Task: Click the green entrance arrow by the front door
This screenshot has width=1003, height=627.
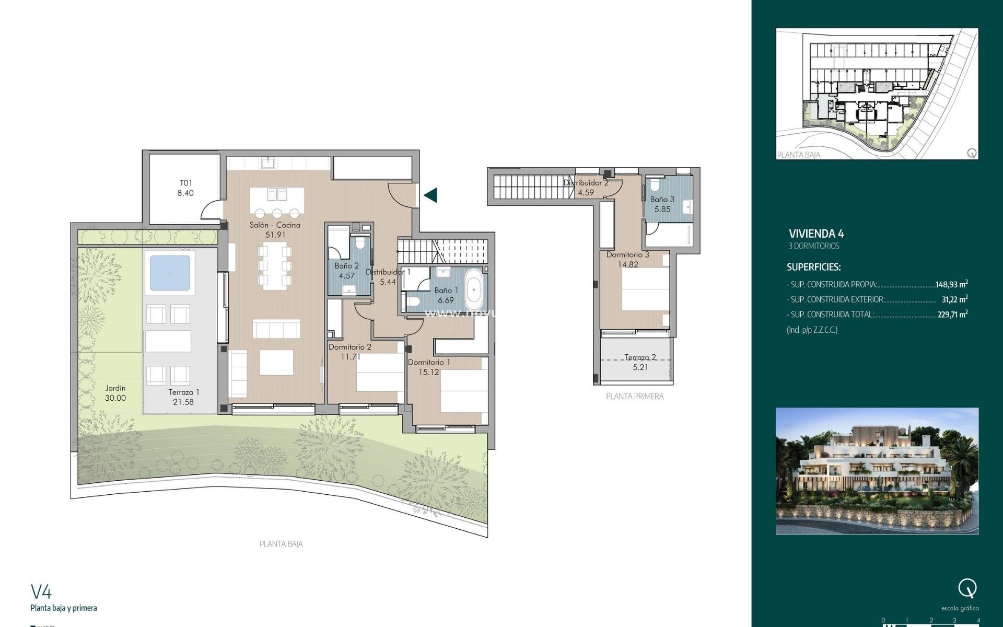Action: point(431,195)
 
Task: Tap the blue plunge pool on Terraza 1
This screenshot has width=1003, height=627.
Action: point(170,273)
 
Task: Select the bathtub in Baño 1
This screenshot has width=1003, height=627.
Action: point(474,291)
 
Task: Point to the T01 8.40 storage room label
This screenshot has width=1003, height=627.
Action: point(185,188)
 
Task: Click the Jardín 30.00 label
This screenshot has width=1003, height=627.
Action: point(115,393)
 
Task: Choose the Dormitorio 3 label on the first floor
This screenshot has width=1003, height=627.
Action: point(627,259)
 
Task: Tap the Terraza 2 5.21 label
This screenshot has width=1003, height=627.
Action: point(640,362)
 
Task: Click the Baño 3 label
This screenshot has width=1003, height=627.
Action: point(662,204)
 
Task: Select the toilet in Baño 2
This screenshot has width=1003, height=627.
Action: point(360,244)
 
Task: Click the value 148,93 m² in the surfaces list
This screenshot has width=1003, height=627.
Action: point(951,285)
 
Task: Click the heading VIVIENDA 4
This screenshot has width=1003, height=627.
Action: point(816,234)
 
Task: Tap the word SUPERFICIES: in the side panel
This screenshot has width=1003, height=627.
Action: point(813,267)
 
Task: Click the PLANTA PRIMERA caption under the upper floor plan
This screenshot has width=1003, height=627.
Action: point(635,397)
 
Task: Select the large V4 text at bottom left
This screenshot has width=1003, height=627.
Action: point(41,592)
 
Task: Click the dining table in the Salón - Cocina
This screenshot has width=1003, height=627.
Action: point(275,267)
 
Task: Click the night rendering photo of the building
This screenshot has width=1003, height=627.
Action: point(877,471)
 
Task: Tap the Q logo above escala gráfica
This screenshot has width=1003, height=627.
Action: point(967,589)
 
